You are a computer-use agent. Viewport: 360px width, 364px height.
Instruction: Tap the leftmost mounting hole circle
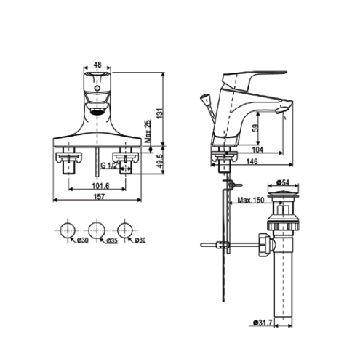66,230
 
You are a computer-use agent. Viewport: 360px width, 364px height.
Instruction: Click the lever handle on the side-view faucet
255,78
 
